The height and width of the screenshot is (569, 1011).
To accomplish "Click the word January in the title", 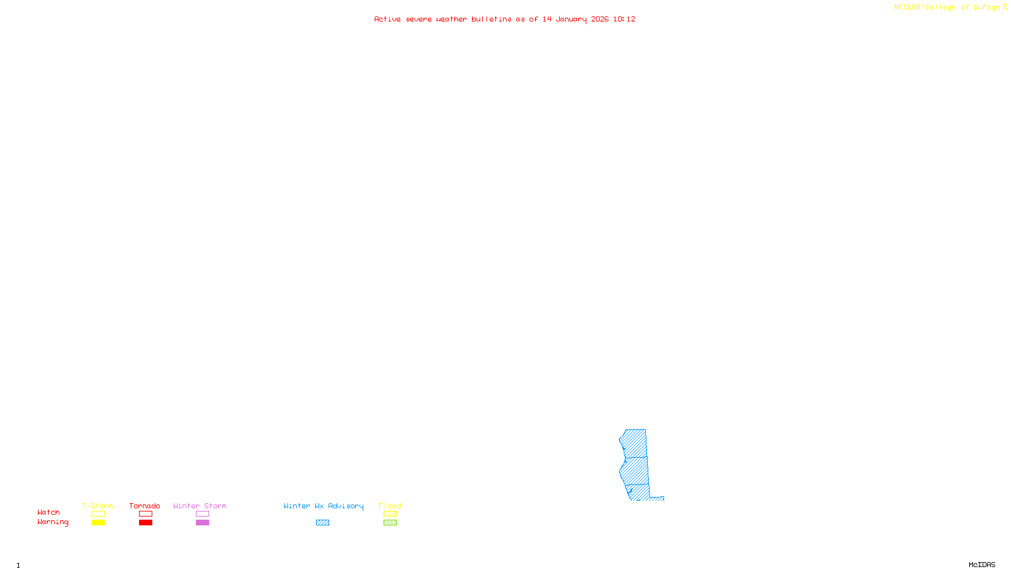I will (x=571, y=20).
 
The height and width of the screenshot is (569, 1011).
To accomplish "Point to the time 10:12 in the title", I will (x=624, y=20).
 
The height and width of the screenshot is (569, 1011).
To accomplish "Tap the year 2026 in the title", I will (x=600, y=20).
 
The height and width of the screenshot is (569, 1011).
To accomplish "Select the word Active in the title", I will (x=387, y=20).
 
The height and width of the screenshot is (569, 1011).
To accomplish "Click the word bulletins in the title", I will (x=492, y=20).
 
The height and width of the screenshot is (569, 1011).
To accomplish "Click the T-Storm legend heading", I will (x=97, y=506).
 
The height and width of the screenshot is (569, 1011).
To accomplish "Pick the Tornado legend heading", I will (x=145, y=506).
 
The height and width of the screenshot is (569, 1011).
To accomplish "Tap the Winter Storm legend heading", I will (x=200, y=506).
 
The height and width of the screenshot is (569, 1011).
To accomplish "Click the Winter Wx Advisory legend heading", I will (x=324, y=506).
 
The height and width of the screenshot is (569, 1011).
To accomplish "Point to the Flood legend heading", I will (x=390, y=506).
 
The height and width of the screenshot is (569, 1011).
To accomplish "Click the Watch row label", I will (x=49, y=513).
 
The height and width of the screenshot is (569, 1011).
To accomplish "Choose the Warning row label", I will (x=53, y=522).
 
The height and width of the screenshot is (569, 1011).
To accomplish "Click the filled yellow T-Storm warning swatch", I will (x=98, y=523).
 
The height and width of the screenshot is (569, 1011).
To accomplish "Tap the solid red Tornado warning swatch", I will (x=145, y=523).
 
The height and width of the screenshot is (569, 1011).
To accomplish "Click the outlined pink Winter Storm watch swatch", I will (x=202, y=514).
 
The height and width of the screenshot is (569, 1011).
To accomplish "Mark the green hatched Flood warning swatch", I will (x=390, y=523).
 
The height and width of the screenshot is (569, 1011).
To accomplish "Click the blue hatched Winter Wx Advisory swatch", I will (x=322, y=523).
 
